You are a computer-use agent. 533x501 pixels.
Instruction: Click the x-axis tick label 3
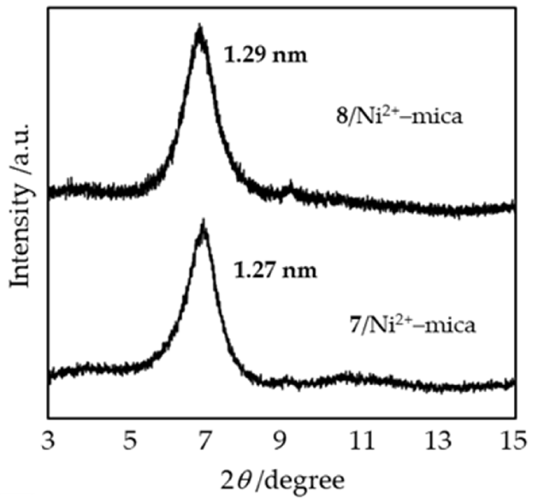(48, 441)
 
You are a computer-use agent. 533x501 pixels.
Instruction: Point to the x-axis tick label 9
(282, 441)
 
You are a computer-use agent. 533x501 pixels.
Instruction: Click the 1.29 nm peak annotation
(265, 55)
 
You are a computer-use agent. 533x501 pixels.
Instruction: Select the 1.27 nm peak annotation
(275, 271)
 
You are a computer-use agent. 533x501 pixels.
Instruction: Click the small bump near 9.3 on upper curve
(290, 185)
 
